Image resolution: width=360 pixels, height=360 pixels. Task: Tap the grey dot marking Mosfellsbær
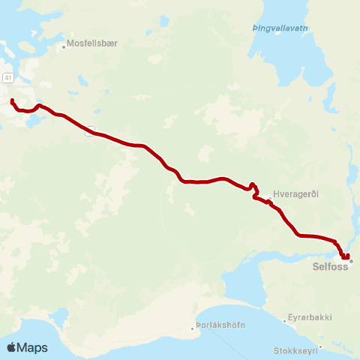(x=64, y=44)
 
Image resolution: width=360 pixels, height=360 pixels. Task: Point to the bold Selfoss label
(x=330, y=265)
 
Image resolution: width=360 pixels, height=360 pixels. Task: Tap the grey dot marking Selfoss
(x=351, y=261)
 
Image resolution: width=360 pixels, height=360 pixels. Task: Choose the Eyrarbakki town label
(x=310, y=318)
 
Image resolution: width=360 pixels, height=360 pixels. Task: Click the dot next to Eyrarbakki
(x=286, y=320)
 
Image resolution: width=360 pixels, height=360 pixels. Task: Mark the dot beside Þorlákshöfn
(x=191, y=327)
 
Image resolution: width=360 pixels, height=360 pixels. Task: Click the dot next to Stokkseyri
(x=320, y=346)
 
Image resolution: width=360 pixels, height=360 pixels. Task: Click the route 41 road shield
(x=7, y=77)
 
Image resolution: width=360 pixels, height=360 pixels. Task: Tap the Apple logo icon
(x=12, y=347)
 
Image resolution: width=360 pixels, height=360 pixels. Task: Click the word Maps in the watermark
(x=32, y=347)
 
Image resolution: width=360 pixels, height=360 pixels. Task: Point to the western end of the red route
(x=12, y=100)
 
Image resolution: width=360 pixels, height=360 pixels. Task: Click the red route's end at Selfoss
(x=347, y=256)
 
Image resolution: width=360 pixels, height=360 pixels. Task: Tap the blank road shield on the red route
(x=90, y=134)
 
